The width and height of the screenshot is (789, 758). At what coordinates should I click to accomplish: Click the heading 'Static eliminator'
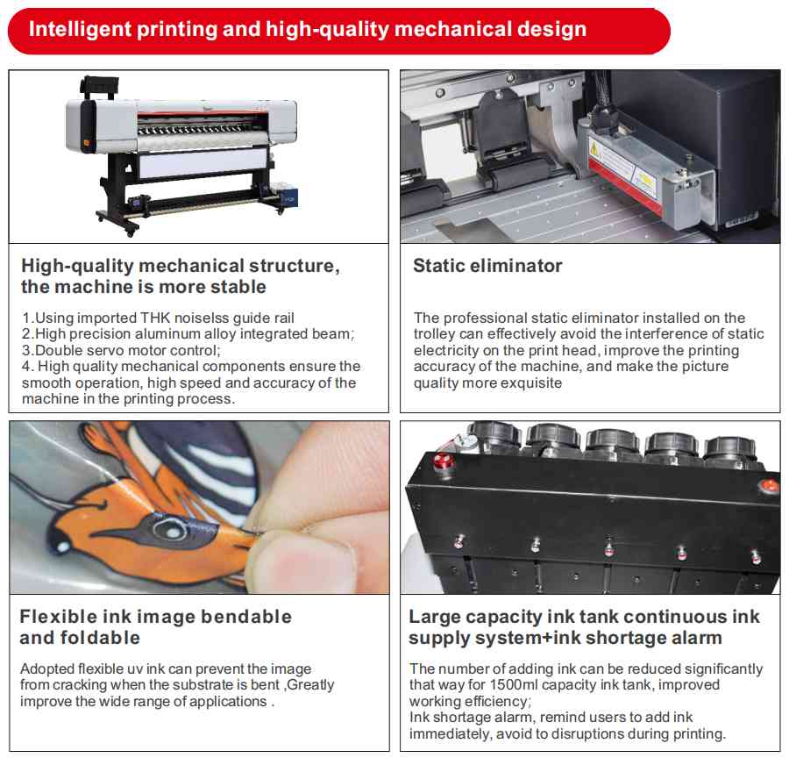(487, 266)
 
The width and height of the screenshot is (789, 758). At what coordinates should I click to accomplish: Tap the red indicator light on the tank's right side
(768, 483)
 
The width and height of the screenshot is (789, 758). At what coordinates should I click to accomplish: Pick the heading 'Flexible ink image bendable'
(155, 617)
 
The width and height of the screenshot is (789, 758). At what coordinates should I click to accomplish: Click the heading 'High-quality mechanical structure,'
(180, 266)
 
